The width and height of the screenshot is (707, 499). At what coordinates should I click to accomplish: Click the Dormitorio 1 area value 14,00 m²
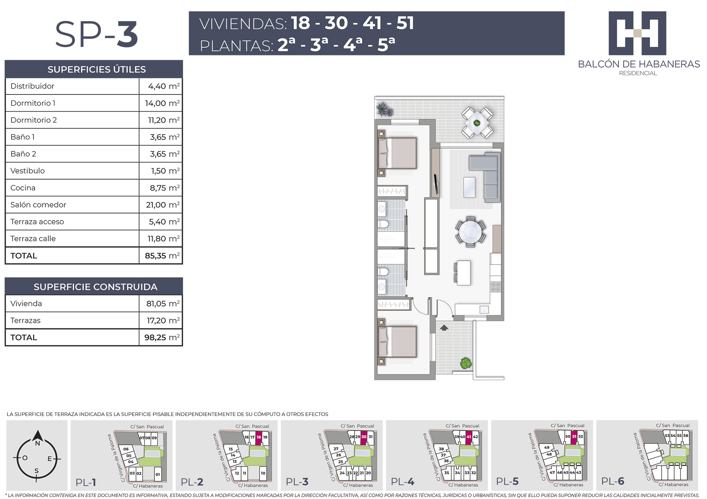[x=162, y=103]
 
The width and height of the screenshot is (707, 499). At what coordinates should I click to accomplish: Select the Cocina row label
[x=23, y=188]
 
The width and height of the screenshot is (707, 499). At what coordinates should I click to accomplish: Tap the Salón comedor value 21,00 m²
[x=163, y=205]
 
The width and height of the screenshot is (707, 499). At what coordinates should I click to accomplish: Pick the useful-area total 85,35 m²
[x=162, y=256]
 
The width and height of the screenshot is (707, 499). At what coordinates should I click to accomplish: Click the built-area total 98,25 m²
[x=162, y=338]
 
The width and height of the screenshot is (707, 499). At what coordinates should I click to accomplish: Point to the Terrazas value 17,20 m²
[x=163, y=321]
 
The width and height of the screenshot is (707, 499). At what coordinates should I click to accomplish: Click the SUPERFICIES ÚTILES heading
[x=97, y=70]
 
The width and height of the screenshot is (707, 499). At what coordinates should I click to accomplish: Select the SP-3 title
[x=97, y=34]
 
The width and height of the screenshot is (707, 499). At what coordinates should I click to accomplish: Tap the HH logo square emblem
[x=637, y=33]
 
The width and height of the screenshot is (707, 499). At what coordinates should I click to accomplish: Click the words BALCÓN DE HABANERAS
[x=639, y=64]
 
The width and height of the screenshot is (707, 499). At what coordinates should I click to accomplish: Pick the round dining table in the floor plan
[x=470, y=232]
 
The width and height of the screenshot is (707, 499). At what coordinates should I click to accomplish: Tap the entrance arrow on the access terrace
[x=444, y=328]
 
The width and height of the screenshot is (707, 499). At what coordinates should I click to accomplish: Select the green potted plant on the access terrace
[x=466, y=363]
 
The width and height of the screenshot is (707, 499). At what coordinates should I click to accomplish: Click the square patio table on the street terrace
[x=477, y=122]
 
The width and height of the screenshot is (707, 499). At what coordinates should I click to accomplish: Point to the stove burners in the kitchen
[x=496, y=287]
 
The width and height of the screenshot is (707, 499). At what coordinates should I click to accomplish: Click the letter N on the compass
[x=38, y=444]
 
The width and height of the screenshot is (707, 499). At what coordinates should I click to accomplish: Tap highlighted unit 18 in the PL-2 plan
[x=259, y=437]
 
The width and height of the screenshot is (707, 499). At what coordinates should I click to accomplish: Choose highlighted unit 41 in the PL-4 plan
[x=469, y=437]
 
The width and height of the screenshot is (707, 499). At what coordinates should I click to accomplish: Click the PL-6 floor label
[x=613, y=481]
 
